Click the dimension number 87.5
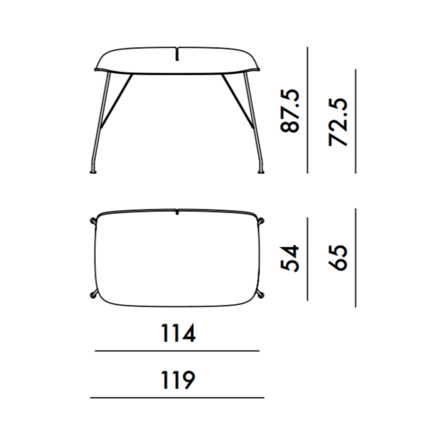290,111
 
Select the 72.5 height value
338,122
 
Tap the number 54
290,258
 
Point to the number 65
338,258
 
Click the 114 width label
178,333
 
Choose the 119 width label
178,380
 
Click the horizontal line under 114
177,350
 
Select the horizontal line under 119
177,397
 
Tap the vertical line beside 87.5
307,110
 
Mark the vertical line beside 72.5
356,121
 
